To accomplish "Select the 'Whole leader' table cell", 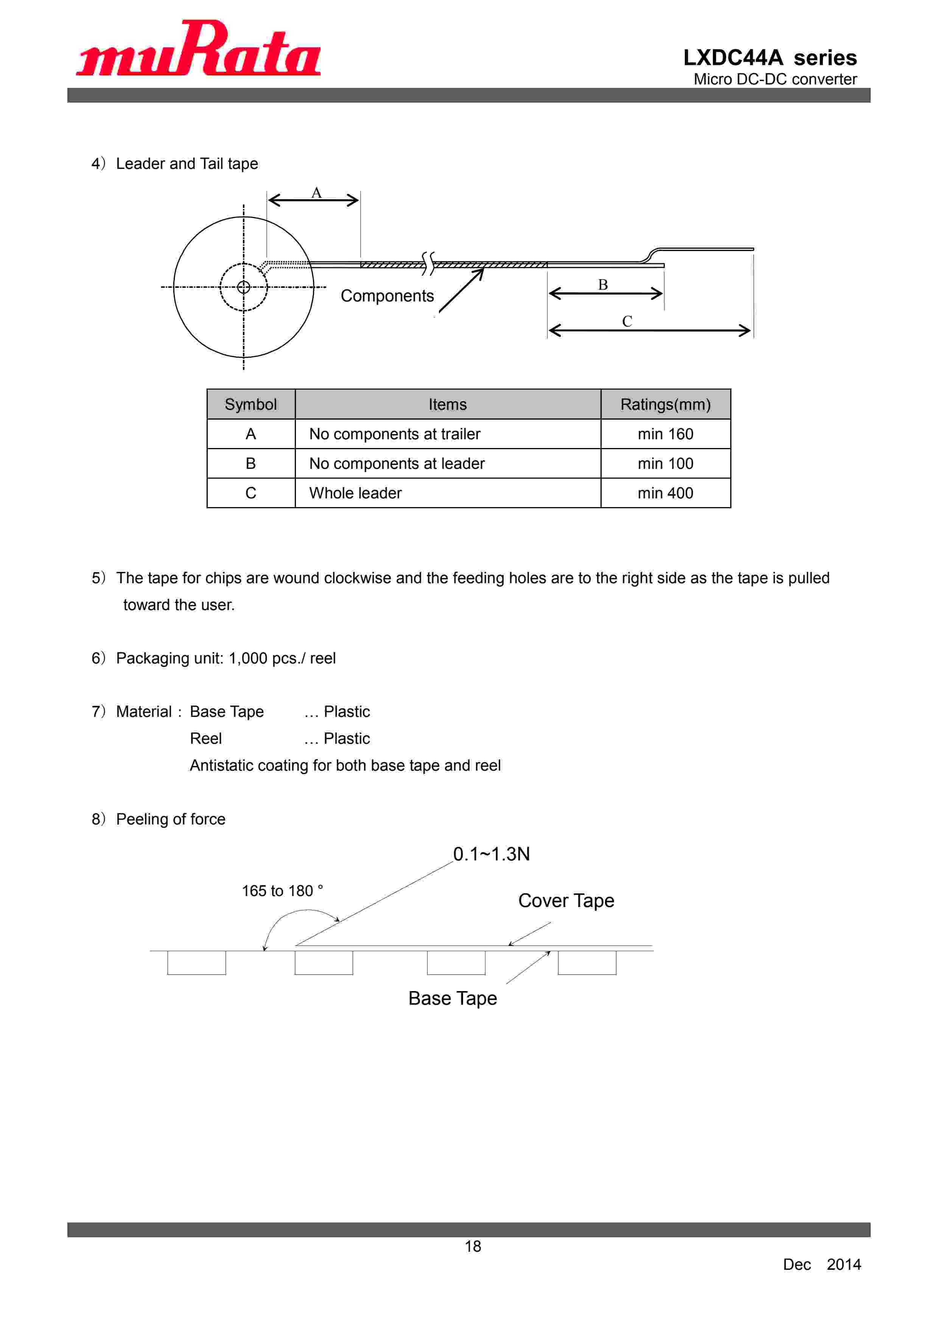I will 355,493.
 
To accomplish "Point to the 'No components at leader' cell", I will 397,464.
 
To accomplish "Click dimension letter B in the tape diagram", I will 602,284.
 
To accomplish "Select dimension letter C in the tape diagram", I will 627,322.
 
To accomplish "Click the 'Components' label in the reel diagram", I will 387,296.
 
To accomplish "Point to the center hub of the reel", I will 244,287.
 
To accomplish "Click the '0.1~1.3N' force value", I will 491,854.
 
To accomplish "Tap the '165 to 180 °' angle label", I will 282,891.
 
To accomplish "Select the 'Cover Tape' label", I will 565,901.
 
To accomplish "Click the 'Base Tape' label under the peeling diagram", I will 452,998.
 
